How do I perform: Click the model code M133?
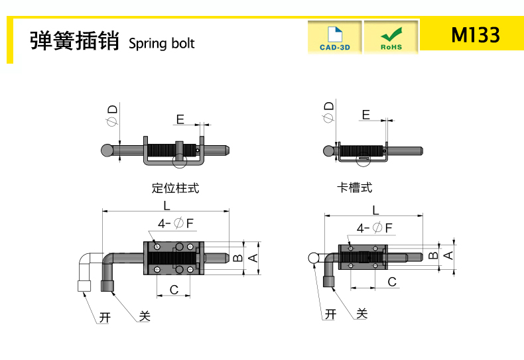pos(476,34)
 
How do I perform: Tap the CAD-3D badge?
pos(335,37)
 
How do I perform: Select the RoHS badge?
pos(391,37)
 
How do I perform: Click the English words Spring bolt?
pos(161,44)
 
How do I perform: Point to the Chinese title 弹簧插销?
pos(74,40)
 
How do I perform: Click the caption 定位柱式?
pos(176,188)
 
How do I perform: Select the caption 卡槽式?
pos(355,188)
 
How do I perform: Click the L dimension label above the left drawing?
pos(166,206)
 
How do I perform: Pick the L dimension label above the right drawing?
pos(375,210)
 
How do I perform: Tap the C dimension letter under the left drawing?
pos(174,290)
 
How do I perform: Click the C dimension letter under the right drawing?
pos(392,282)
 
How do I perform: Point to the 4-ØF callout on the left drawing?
pos(176,223)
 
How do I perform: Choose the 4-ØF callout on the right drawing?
pos(374,228)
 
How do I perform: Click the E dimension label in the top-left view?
pos(180,119)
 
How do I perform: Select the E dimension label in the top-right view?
pos(366,115)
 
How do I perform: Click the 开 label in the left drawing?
pos(105,318)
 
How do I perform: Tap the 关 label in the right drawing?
pos(362,314)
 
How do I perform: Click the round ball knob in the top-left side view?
pos(107,150)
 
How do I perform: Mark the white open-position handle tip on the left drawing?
pos(84,286)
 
